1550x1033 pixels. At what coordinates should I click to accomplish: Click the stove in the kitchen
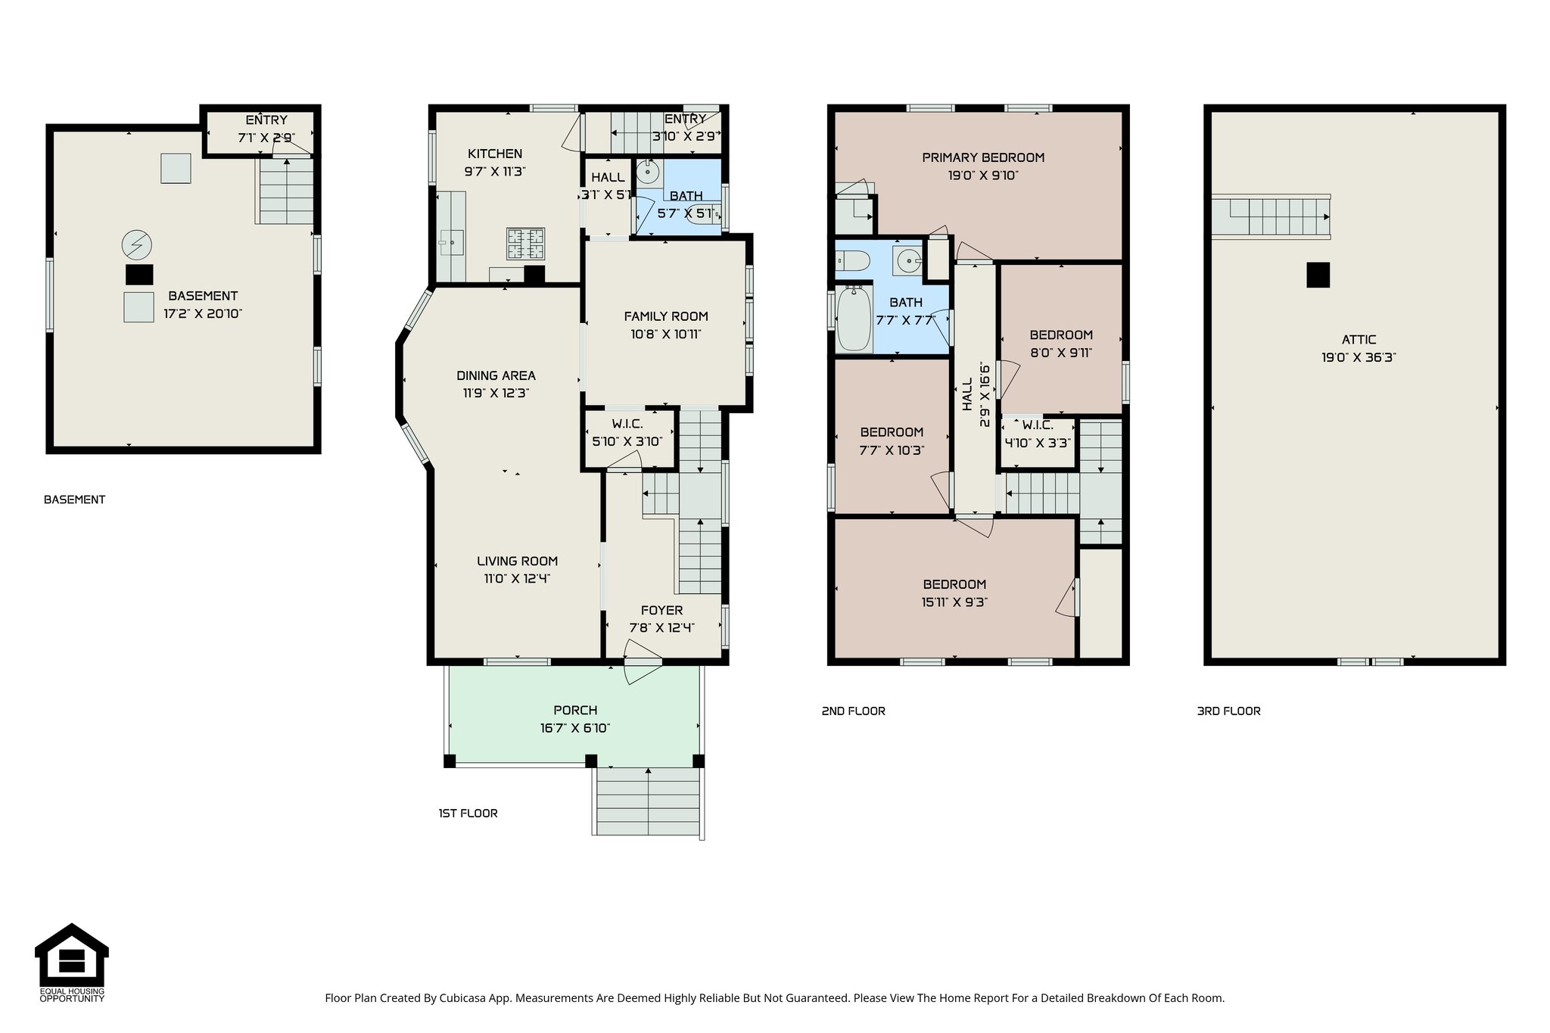[525, 244]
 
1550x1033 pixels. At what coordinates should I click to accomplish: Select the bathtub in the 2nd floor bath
[854, 319]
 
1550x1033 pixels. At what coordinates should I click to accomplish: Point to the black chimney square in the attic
[1318, 275]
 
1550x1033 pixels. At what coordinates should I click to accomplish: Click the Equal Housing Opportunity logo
[72, 962]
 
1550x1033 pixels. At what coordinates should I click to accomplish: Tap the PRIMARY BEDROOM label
[982, 157]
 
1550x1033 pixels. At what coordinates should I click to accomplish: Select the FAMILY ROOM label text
[666, 316]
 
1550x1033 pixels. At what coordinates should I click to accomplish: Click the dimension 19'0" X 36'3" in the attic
[1359, 358]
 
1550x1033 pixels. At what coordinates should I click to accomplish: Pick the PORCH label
[575, 710]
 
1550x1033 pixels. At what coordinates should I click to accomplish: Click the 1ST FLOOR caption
[468, 814]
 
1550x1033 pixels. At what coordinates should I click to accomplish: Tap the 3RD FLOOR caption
[1228, 711]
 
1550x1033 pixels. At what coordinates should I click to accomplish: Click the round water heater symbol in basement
[136, 244]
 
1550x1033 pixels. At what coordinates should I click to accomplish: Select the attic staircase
[1271, 217]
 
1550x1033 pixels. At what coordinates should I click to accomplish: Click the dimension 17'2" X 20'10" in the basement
[203, 314]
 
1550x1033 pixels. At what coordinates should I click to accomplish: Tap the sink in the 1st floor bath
[647, 173]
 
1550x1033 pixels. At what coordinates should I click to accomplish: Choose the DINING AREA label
[496, 375]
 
